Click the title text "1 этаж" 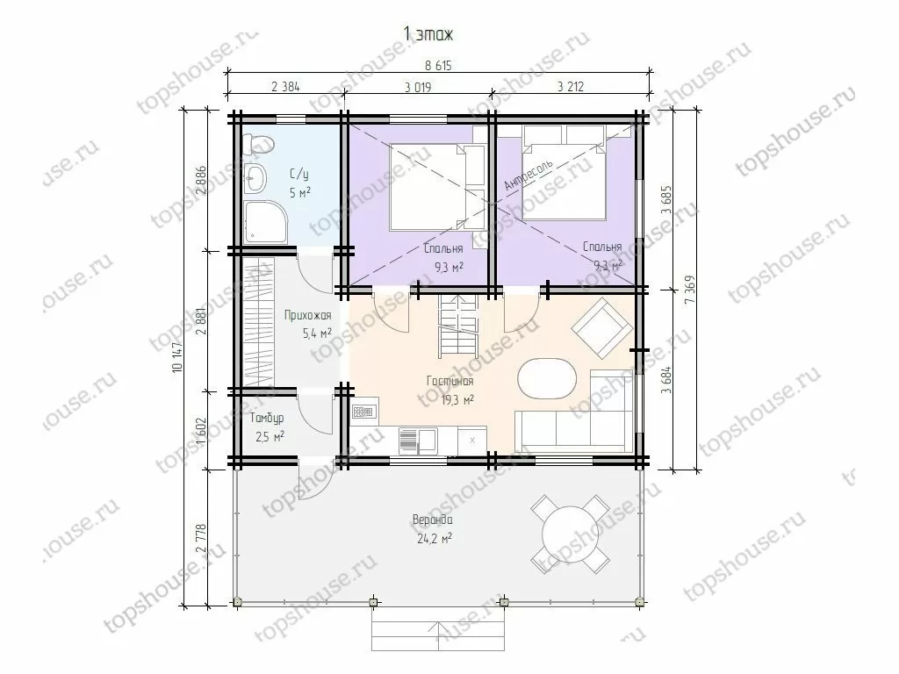428,34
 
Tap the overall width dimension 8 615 439,65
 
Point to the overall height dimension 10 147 176,357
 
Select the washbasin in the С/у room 255,178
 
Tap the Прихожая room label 308,316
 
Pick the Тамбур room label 267,419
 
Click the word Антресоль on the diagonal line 529,175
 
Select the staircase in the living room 458,324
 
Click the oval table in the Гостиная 545,379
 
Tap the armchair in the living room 602,328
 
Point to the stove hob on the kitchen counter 363,412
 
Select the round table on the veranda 570,534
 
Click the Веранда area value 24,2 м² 435,538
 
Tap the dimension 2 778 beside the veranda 201,538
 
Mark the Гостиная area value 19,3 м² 457,400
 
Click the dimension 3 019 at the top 418,88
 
